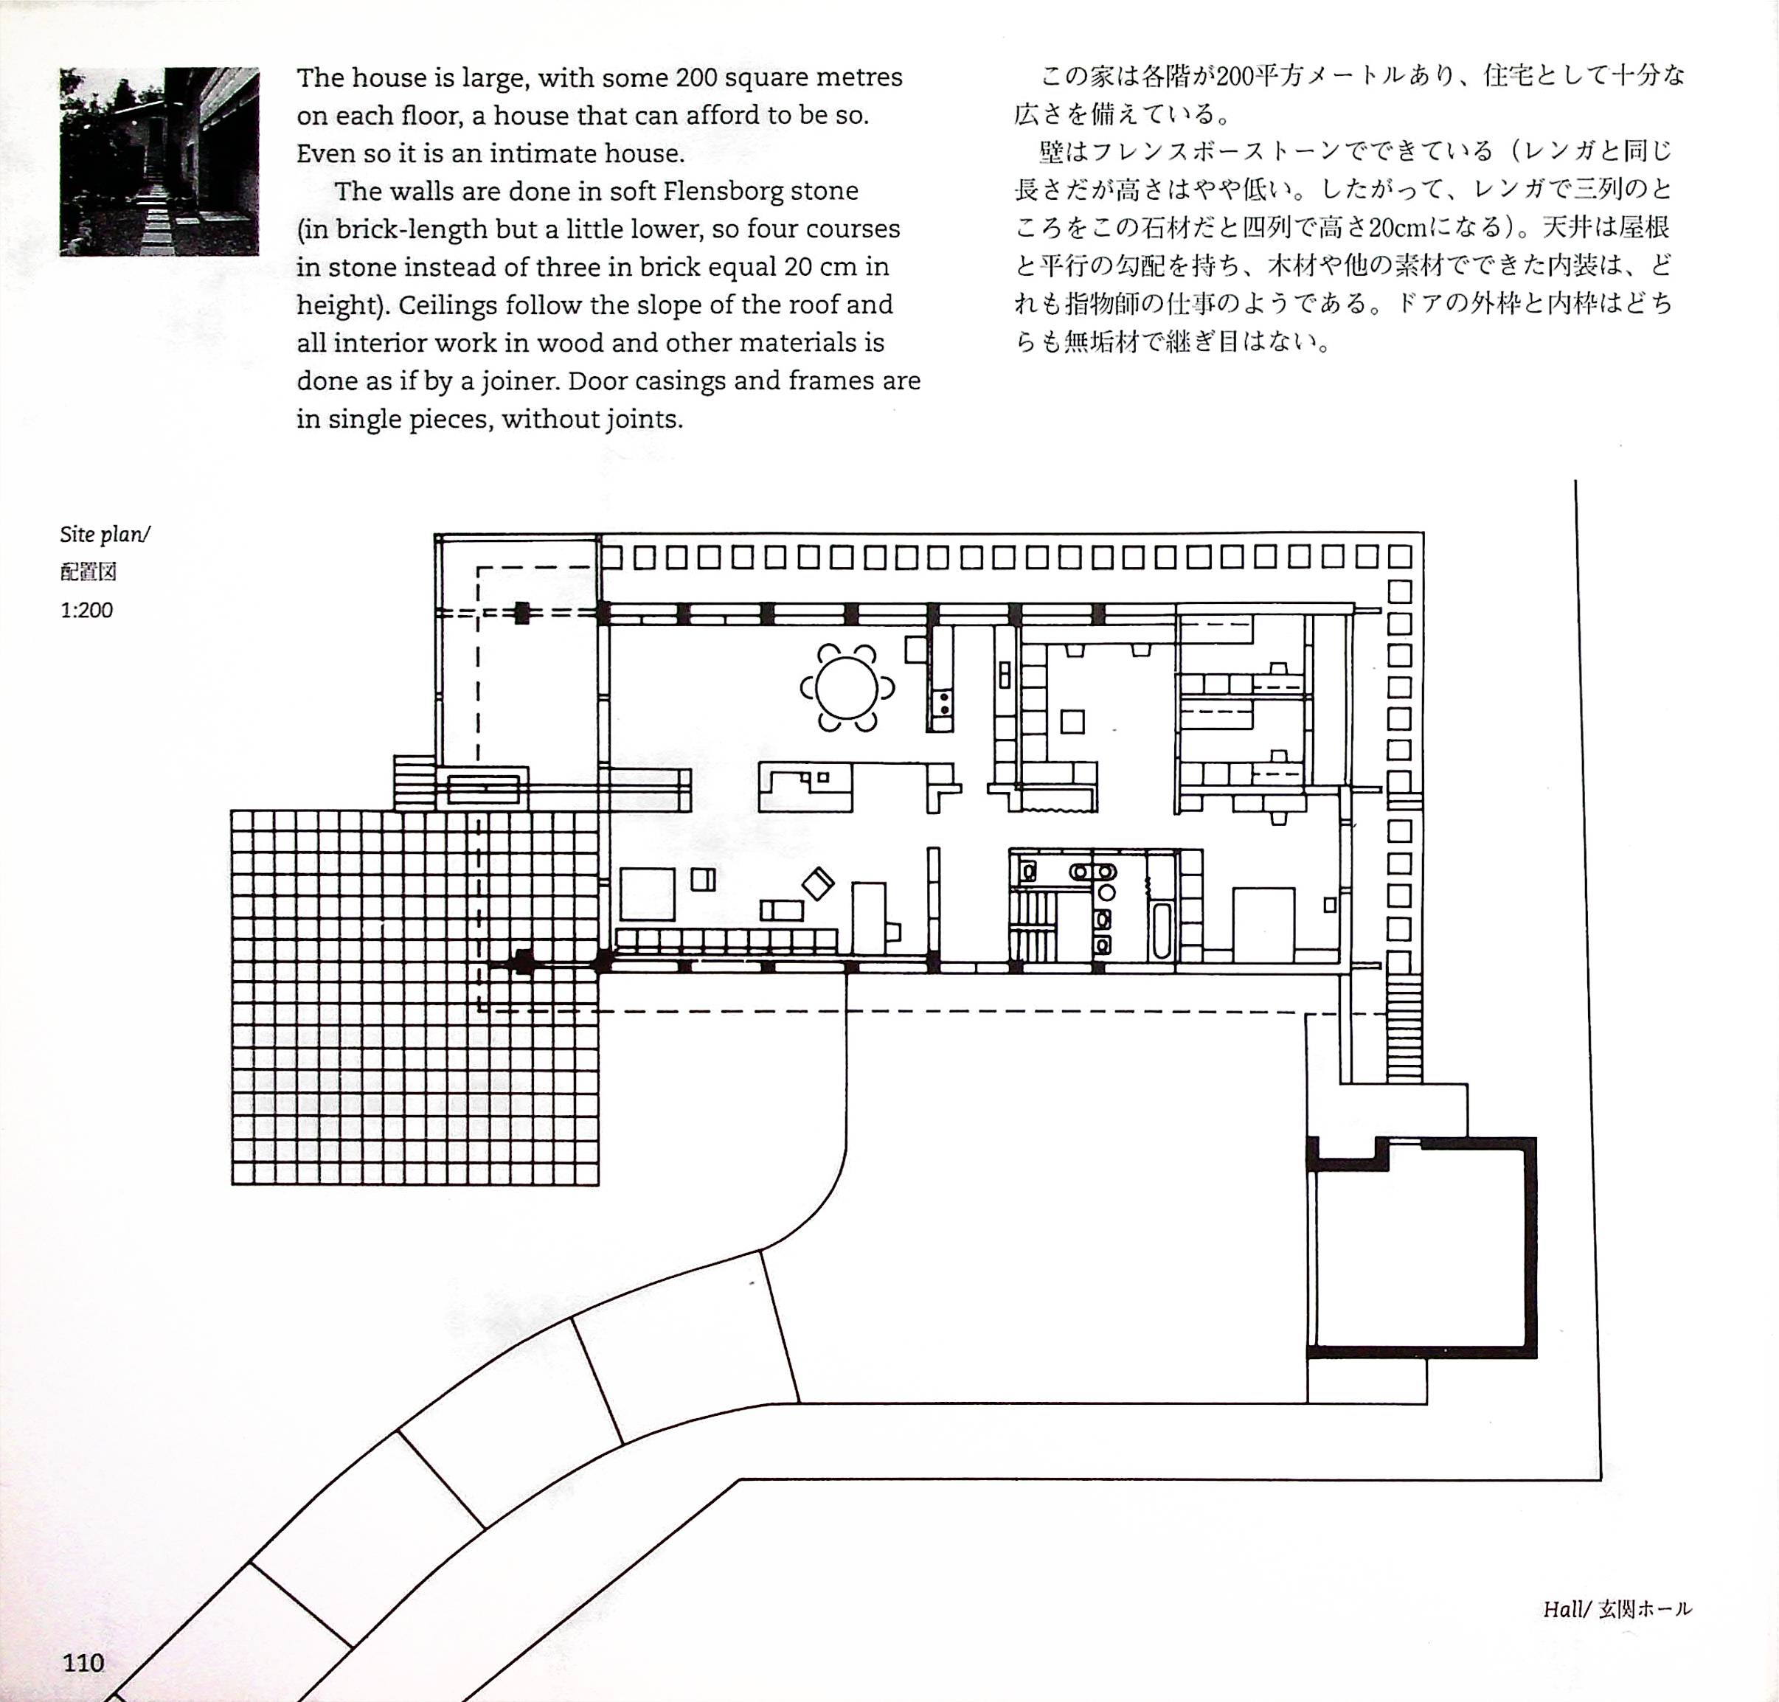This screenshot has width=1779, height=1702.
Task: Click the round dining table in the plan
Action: [x=847, y=688]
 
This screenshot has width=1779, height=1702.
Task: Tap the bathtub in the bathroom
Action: [x=1161, y=929]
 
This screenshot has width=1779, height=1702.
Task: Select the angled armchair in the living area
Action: [x=818, y=883]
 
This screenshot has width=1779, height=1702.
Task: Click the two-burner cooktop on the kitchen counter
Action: [x=943, y=701]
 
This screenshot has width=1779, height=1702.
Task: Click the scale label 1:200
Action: [x=87, y=610]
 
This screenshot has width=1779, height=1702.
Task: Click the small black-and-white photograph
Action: [x=159, y=161]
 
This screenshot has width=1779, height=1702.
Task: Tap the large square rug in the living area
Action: [x=647, y=895]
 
